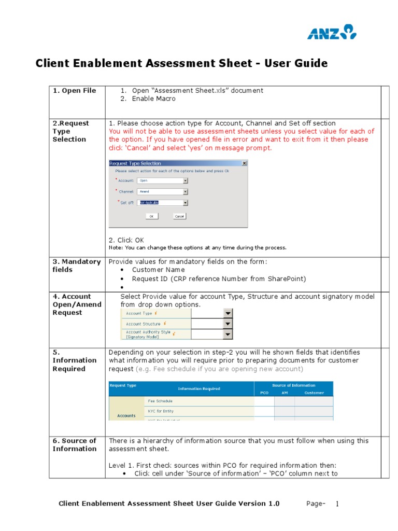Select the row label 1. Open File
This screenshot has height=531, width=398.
click(x=74, y=91)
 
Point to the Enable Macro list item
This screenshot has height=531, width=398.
click(x=153, y=99)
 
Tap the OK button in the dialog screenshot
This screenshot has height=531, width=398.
click(x=151, y=216)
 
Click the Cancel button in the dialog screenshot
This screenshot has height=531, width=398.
click(x=179, y=216)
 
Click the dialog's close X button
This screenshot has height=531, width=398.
click(x=244, y=163)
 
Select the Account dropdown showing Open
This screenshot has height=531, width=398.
click(x=163, y=180)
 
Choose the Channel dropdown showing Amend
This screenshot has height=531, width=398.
click(x=163, y=191)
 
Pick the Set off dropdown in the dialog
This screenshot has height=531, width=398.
click(x=163, y=203)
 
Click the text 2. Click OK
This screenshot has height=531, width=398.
click(x=126, y=240)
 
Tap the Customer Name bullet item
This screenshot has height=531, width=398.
click(x=158, y=270)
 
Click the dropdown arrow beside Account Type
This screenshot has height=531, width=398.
click(x=228, y=313)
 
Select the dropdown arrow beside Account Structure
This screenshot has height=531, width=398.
click(x=228, y=324)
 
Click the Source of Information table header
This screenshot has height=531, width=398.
click(x=293, y=385)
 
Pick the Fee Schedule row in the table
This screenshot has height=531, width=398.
click(x=160, y=401)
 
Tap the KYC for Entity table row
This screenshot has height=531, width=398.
click(x=162, y=410)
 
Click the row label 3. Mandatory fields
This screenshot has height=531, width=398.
click(x=77, y=265)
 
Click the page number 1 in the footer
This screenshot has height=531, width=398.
click(x=336, y=504)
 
